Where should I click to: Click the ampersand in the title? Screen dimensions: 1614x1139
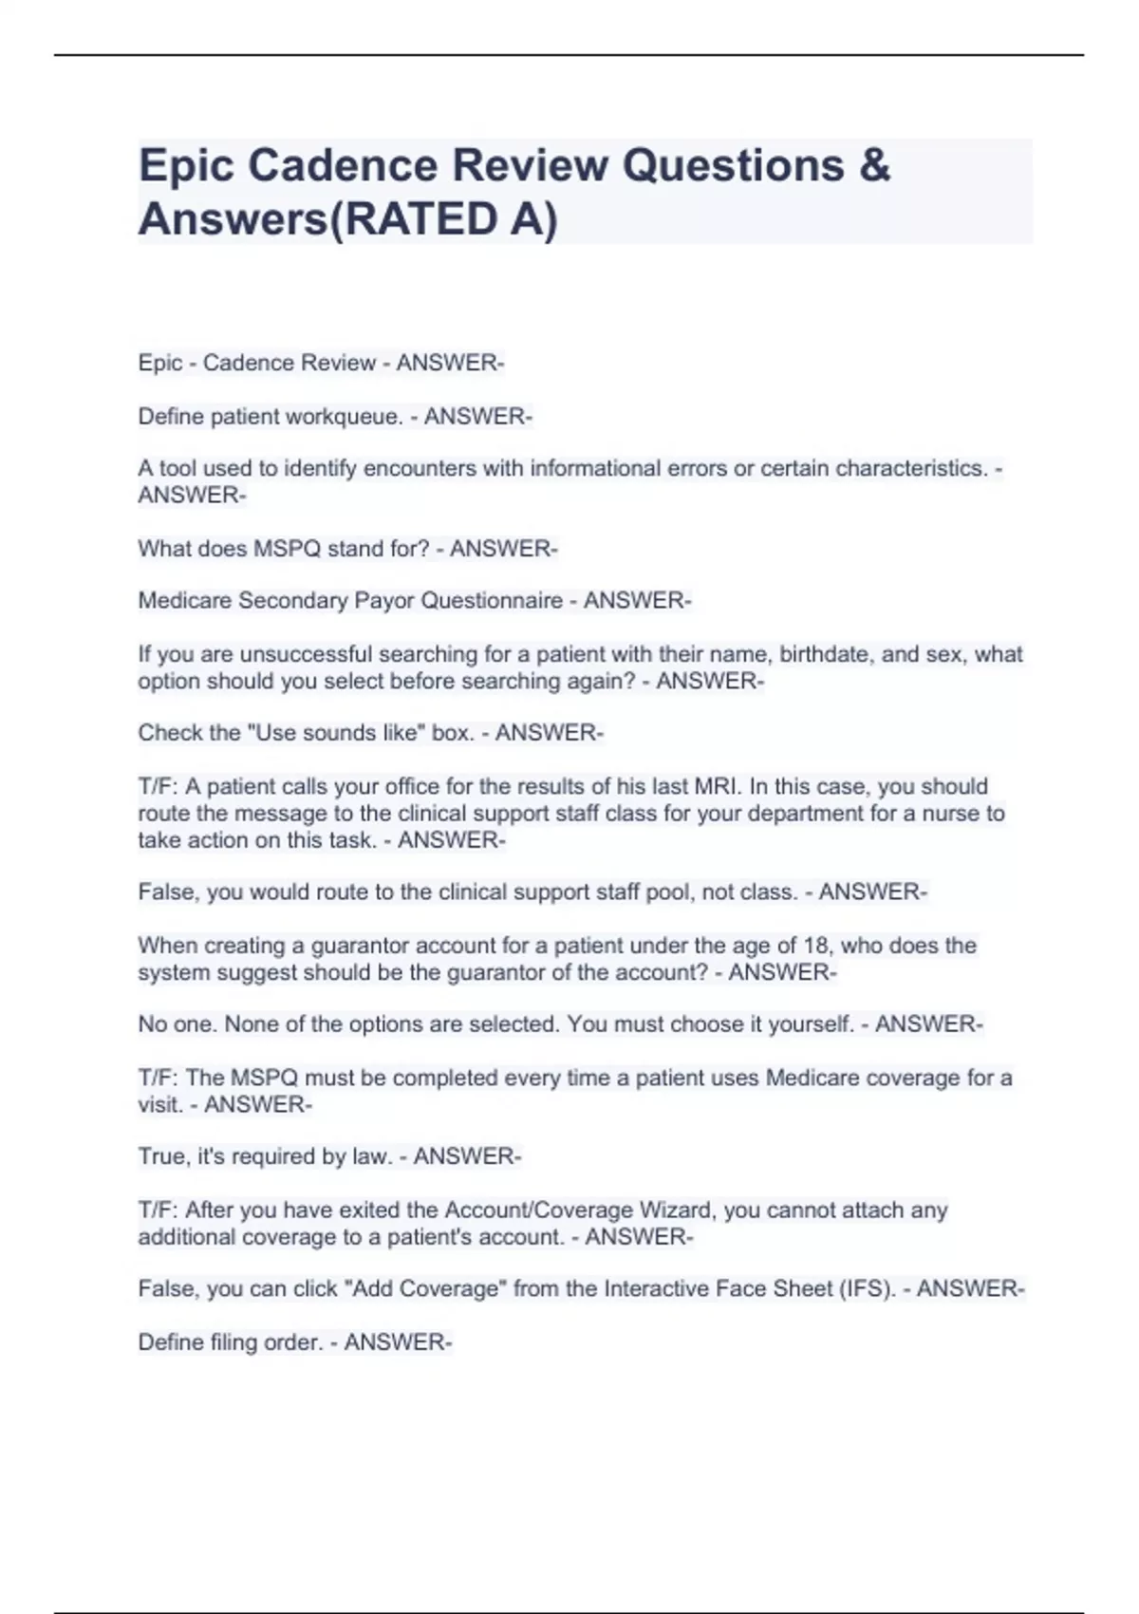point(875,165)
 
